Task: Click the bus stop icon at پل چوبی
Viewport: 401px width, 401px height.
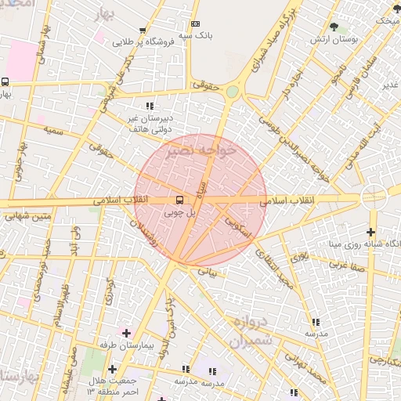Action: [180, 200]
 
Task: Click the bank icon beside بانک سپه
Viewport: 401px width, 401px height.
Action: [195, 25]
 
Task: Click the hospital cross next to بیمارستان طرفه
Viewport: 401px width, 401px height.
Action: [125, 333]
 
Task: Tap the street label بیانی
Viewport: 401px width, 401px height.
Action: [208, 271]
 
